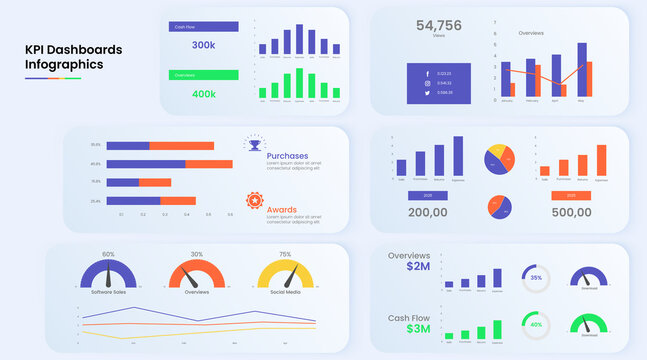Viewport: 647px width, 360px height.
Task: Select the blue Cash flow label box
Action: tap(203, 27)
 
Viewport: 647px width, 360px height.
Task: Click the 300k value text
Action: tap(203, 45)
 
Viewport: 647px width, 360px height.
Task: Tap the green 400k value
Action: tap(203, 93)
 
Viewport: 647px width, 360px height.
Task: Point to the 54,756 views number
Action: tap(438, 26)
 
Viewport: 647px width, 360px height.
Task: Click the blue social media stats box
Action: tap(438, 83)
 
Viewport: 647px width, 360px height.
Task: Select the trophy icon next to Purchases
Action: tap(254, 146)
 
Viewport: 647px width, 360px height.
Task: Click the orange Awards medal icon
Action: tap(254, 201)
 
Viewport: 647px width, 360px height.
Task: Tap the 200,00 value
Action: tap(427, 212)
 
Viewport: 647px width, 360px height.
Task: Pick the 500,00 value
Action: tap(571, 212)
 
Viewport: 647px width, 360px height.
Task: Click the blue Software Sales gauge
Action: tap(108, 275)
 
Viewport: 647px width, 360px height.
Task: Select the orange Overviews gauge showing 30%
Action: tap(197, 275)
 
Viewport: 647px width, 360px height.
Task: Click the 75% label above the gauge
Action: tap(285, 254)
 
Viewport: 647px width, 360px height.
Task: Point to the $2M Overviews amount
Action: tap(418, 267)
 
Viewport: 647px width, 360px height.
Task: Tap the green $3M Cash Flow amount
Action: tap(418, 329)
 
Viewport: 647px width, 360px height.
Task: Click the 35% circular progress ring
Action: tap(536, 277)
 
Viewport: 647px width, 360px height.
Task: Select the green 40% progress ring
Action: tap(536, 325)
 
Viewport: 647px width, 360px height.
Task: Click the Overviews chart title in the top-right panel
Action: tap(531, 33)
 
